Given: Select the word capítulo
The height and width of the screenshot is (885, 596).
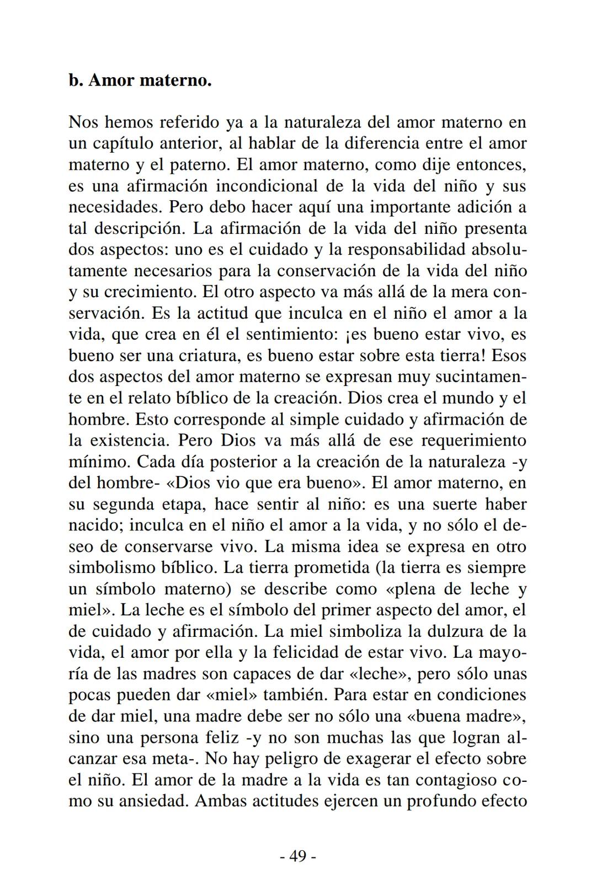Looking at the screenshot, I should coord(124,144).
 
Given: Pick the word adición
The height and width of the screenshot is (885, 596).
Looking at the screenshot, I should coord(482,207).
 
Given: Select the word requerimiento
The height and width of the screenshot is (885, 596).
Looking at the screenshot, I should coord(473,441).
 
